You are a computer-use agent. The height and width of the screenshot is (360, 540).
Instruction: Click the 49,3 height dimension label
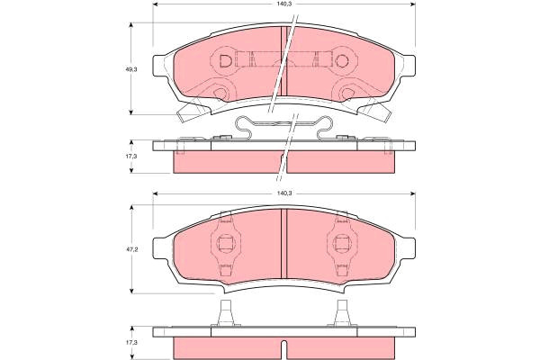130,69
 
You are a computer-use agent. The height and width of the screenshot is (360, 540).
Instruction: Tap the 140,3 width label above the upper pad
284,4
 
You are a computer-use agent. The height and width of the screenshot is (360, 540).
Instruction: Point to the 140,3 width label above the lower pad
284,193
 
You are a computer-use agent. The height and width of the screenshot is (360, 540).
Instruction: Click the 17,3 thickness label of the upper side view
130,156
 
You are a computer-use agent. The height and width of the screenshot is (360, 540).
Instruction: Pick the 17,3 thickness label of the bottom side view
130,343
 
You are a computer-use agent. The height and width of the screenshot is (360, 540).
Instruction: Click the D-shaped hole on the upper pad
226,61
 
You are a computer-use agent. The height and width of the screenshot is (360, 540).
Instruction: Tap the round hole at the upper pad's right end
342,61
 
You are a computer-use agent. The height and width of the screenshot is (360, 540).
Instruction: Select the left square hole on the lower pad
225,244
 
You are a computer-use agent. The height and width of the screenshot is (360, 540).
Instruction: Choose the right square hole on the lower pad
341,244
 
